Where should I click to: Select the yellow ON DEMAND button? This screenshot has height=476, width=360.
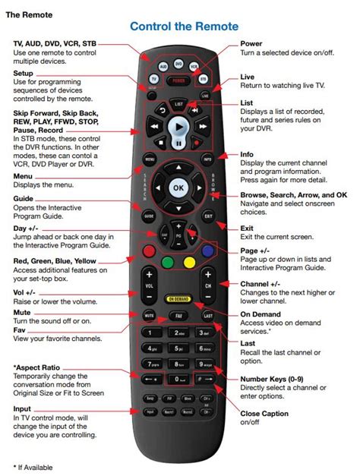click(179, 299)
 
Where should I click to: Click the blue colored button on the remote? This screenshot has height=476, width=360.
click(207, 251)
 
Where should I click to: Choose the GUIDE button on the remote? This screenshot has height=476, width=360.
click(149, 216)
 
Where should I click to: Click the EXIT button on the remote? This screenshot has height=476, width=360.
click(207, 216)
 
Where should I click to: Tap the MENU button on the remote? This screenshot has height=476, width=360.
click(150, 159)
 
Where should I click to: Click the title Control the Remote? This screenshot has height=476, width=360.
click(184, 27)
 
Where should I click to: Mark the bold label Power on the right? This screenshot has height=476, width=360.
click(251, 44)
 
